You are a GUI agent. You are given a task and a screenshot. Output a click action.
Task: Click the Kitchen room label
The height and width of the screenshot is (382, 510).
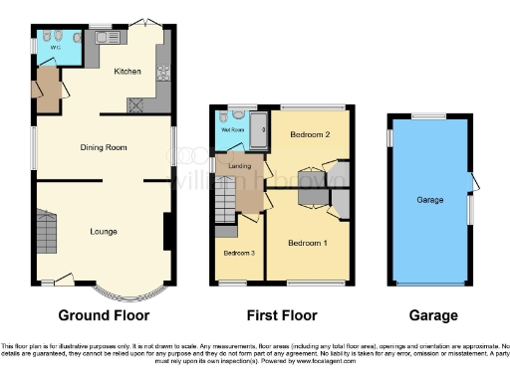point(127,72)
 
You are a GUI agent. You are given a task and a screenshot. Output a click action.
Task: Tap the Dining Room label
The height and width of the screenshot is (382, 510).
point(104,147)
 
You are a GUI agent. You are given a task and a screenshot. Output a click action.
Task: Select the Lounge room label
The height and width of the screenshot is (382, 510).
point(104,232)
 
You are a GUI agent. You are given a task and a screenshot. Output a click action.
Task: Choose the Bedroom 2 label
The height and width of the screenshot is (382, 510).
point(310,132)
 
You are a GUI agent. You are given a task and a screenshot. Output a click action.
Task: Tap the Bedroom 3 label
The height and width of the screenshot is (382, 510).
point(238,253)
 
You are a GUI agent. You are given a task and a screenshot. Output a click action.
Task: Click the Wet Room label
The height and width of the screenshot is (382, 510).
point(233,129)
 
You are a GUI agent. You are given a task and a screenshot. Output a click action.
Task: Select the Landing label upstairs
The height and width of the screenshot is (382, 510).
point(239,166)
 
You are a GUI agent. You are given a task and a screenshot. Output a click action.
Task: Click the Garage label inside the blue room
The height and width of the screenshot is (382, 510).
point(429,200)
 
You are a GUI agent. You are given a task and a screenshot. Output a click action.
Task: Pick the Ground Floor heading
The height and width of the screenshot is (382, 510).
point(104,315)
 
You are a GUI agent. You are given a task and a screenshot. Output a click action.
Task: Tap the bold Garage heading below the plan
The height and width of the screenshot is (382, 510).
point(430,315)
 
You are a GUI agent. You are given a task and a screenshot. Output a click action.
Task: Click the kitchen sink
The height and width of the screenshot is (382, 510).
point(107,38)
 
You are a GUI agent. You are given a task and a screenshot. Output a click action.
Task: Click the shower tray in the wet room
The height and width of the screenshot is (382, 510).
point(258,126)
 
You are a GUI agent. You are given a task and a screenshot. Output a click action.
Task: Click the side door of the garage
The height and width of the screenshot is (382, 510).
point(474,182)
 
